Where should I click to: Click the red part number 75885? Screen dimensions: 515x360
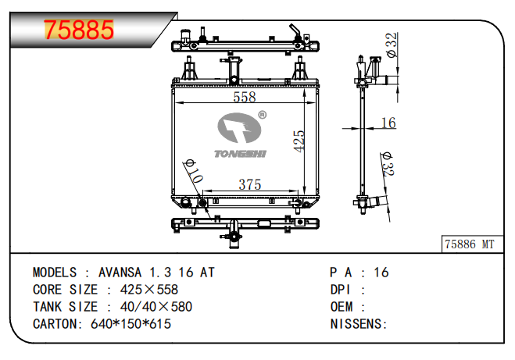[x=79, y=30]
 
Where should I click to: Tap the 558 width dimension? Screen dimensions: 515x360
[x=245, y=97]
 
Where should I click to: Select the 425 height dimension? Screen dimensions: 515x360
[x=299, y=141]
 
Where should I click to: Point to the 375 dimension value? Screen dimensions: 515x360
[x=250, y=184]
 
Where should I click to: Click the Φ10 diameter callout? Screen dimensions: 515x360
[x=194, y=171]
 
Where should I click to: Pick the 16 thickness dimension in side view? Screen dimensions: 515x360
[x=388, y=123]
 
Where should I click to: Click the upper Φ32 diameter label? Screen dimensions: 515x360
[x=392, y=45]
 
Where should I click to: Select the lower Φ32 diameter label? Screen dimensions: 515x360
[x=388, y=164]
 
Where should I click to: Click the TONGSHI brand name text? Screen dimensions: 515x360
[x=240, y=154]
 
